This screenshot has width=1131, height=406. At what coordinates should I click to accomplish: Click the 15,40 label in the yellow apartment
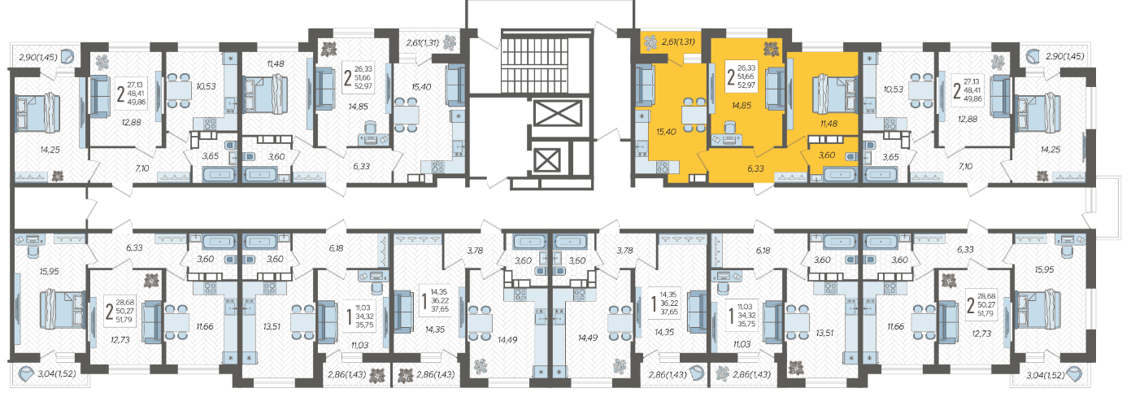click(666, 132)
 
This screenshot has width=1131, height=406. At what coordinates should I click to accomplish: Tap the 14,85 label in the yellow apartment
click(742, 106)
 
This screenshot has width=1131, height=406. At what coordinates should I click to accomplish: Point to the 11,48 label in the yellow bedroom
click(829, 123)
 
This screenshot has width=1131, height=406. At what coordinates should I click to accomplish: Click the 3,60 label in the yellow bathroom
click(827, 155)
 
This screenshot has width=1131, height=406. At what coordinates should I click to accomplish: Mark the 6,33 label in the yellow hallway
click(756, 168)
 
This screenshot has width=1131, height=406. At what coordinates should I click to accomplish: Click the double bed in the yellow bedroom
click(834, 94)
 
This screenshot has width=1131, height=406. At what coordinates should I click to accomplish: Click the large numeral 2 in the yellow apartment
click(731, 76)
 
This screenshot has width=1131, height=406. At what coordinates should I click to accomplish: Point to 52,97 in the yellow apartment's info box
click(746, 85)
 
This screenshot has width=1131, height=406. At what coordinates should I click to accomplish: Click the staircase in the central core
click(547, 62)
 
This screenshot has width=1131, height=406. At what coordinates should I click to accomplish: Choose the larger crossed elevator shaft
click(558, 112)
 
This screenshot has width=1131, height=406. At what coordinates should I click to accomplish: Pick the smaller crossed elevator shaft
click(547, 161)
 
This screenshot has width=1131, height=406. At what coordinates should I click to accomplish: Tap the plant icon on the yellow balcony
click(650, 41)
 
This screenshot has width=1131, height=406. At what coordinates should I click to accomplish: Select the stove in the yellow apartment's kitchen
click(662, 167)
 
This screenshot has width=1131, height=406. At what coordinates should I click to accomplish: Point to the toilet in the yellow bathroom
click(850, 157)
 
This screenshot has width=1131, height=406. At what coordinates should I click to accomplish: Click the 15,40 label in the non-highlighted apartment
click(421, 87)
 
